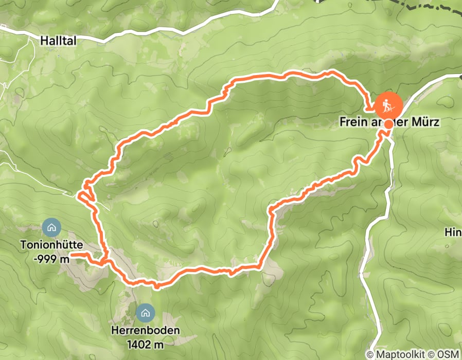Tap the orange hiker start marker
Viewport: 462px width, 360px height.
(388, 105)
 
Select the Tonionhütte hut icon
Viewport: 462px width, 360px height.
(50, 226)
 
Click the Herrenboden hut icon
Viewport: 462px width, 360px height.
(145, 312)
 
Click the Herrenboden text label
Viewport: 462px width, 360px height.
(145, 330)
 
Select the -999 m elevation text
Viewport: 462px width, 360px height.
(51, 259)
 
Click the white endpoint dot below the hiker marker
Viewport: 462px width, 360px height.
(387, 123)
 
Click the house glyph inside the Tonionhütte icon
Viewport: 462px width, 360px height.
(50, 226)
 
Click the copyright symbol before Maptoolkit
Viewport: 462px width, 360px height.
(370, 354)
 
